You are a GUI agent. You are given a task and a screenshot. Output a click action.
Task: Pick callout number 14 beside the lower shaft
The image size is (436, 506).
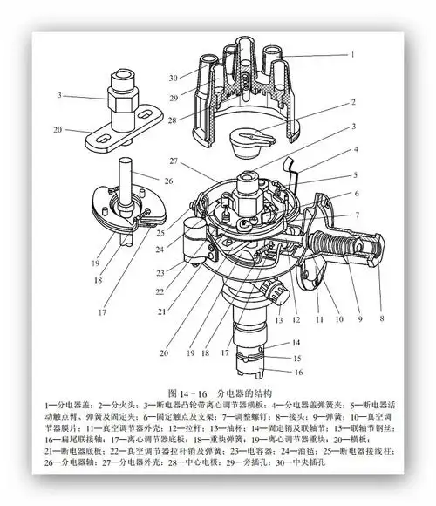pos(297,343)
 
